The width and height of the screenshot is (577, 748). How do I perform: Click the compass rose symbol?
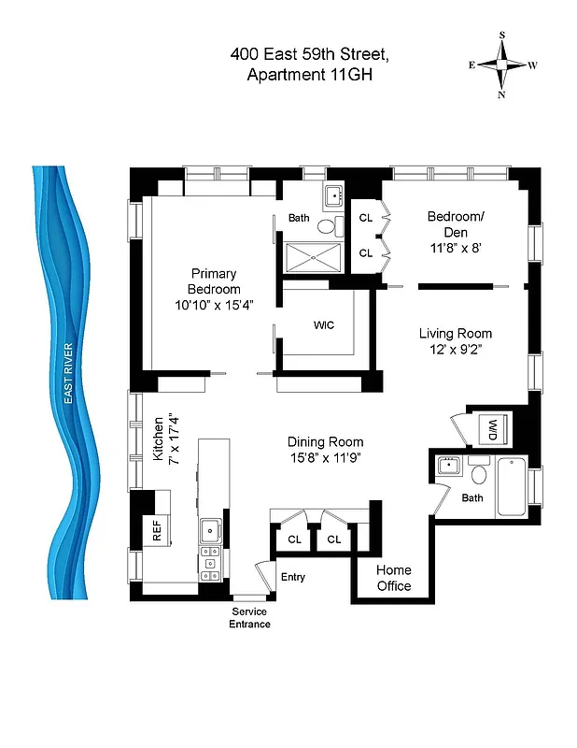(x=502, y=65)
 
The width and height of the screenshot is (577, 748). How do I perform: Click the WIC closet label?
(x=324, y=324)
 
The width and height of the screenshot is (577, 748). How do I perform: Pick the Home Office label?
(x=393, y=578)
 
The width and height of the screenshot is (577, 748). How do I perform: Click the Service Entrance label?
(x=249, y=617)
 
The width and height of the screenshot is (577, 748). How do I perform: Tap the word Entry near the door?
(x=293, y=577)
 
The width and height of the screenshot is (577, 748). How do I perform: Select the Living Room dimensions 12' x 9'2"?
(x=455, y=350)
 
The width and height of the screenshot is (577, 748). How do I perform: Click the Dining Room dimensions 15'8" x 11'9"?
(x=325, y=458)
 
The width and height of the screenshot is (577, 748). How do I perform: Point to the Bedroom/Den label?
(x=456, y=223)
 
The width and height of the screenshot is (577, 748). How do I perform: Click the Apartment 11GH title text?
(x=309, y=76)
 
